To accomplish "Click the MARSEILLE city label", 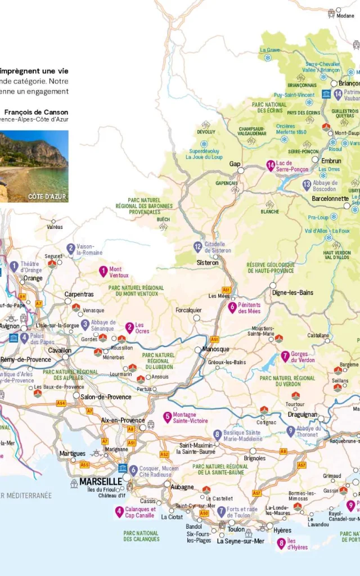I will click(x=100, y=482).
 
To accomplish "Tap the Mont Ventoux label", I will click(x=119, y=272).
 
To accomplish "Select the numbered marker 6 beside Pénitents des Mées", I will click(x=232, y=307).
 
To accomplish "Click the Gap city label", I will click(x=235, y=164).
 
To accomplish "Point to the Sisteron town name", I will click(x=208, y=263).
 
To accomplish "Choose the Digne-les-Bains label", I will click(x=292, y=293).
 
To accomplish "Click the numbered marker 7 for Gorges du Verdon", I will click(x=286, y=356).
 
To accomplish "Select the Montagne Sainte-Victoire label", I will click(x=190, y=417).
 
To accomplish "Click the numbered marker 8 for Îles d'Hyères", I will click(x=281, y=543).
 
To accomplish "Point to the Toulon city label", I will click(x=236, y=529).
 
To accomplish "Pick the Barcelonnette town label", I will click(x=330, y=199).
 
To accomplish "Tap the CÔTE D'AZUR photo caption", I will click(x=47, y=197).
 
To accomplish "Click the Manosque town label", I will click(x=216, y=349).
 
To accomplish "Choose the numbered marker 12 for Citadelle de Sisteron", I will click(x=197, y=246).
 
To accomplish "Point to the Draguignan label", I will click(x=303, y=415).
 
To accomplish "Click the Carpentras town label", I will click(x=79, y=294).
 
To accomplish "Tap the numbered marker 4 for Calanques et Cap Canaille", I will click(x=119, y=512).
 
